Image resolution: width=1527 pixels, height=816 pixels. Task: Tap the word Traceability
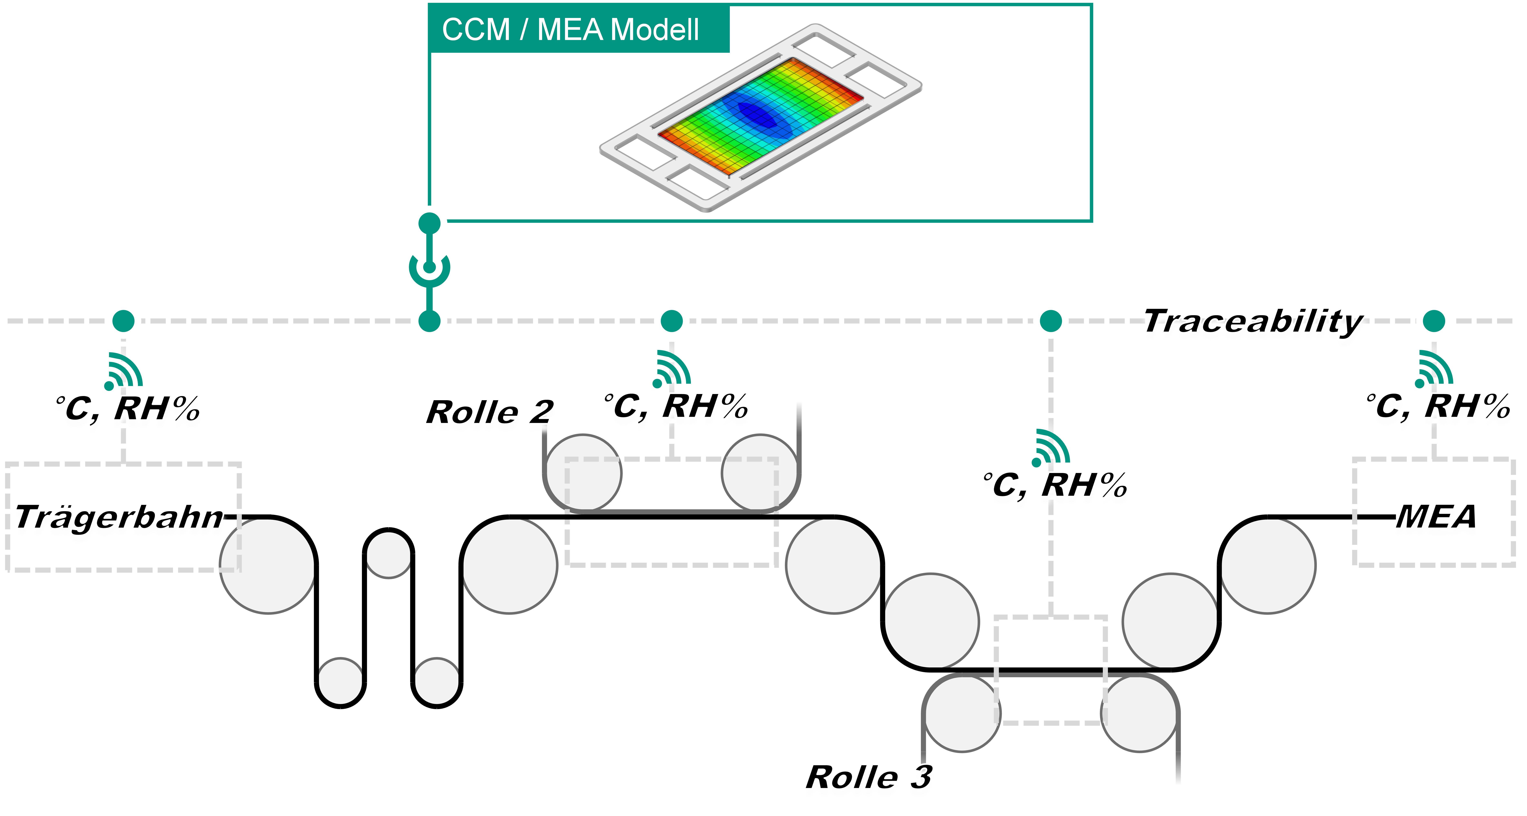click(x=1253, y=321)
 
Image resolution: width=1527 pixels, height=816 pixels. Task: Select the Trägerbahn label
click(x=119, y=517)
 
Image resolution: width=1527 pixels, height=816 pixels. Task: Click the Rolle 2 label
click(x=490, y=412)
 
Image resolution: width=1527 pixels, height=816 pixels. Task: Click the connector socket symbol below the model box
click(x=429, y=268)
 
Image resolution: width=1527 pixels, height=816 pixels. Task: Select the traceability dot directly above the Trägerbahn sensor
click(x=123, y=321)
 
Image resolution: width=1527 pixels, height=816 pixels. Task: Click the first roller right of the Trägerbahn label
click(x=268, y=565)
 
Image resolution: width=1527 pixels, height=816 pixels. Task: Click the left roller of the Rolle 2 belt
click(x=583, y=473)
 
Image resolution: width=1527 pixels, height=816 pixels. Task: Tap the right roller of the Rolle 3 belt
click(x=1139, y=713)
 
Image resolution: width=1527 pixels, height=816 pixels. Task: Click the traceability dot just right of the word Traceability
click(x=1434, y=321)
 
